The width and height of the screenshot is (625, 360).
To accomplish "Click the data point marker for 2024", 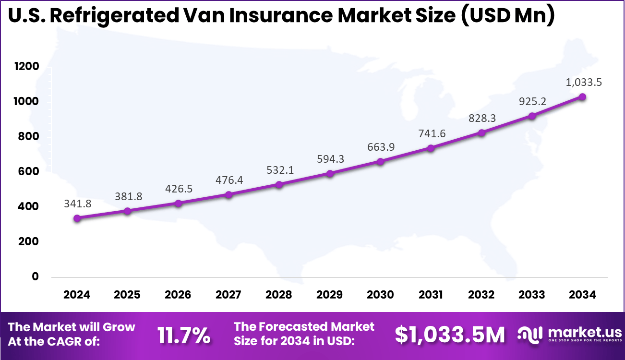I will pyautogui.click(x=77, y=218).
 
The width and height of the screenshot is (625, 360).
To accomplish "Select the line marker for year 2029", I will pyautogui.click(x=330, y=173).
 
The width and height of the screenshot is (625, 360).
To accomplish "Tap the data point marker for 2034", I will pyautogui.click(x=582, y=97).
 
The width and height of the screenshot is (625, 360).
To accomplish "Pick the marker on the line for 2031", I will pyautogui.click(x=431, y=148).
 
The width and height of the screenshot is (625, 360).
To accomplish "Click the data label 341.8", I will pyautogui.click(x=77, y=204).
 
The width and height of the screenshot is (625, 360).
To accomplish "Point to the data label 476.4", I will pyautogui.click(x=228, y=180).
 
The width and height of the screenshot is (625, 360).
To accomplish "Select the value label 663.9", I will pyautogui.click(x=380, y=147).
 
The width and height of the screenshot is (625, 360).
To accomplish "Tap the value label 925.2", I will pyautogui.click(x=532, y=101).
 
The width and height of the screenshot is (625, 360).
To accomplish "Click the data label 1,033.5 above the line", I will pyautogui.click(x=582, y=82).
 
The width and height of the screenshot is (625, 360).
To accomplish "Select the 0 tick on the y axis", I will pyautogui.click(x=35, y=276).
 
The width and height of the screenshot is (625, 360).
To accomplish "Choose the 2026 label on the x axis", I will pyautogui.click(x=178, y=294).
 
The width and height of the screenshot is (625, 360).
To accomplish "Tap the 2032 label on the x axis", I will pyautogui.click(x=481, y=294).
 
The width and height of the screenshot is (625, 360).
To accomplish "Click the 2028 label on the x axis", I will pyautogui.click(x=279, y=294).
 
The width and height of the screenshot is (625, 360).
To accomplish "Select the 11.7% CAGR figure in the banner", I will pyautogui.click(x=184, y=336).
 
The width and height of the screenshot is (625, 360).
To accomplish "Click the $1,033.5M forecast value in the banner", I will pyautogui.click(x=450, y=335).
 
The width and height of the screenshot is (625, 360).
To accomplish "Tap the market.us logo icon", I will pyautogui.click(x=530, y=334).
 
